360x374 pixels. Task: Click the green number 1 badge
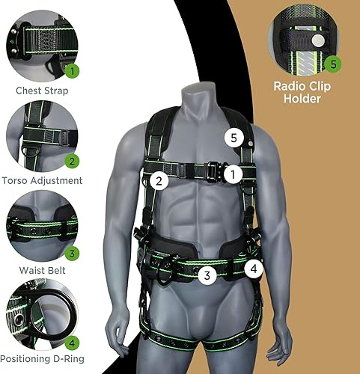pyautogui.click(x=72, y=72)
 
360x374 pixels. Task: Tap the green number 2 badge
pyautogui.click(x=72, y=160)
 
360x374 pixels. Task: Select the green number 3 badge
pyautogui.click(x=72, y=252)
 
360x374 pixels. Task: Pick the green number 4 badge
pyautogui.click(x=72, y=343)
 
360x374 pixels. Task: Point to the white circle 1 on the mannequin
pyautogui.click(x=234, y=174)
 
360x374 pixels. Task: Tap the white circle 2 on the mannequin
pyautogui.click(x=158, y=180)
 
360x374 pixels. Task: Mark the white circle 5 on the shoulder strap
pyautogui.click(x=234, y=138)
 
